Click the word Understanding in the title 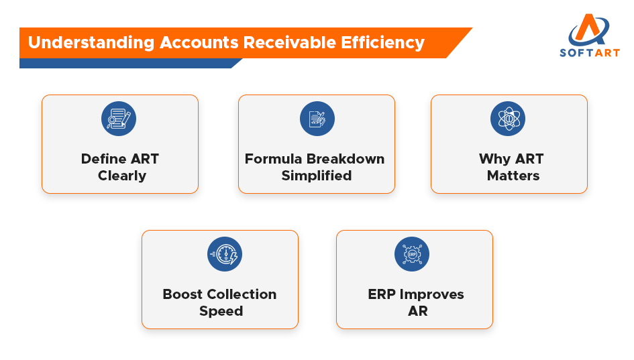coord(91,43)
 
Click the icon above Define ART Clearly coord(119,119)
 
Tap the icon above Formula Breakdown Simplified coord(317,119)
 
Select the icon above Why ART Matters coord(508,119)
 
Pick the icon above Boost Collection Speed coord(225,254)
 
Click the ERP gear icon coord(412,254)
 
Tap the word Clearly coord(121,176)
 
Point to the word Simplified coord(316,176)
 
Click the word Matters coord(513,176)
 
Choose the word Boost coord(182,294)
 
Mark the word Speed coord(221,311)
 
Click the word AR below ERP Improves coord(417,311)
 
